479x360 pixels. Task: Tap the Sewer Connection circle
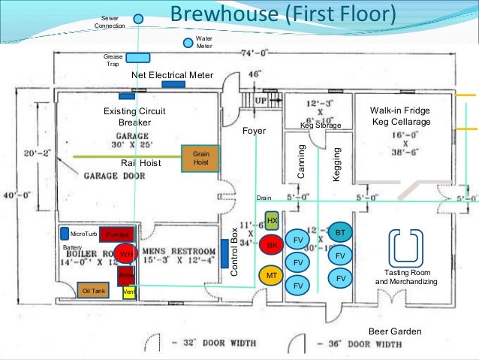139,19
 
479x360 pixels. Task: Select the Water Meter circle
188,42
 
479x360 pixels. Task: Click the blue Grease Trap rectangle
138,57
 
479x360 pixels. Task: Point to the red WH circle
126,254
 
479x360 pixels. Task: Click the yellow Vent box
128,292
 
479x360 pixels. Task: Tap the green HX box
273,221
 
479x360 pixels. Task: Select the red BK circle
273,246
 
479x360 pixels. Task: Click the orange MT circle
273,277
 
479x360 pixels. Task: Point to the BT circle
340,233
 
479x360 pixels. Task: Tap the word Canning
302,161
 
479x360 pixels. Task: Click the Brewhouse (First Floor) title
282,14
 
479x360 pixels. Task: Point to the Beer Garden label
394,331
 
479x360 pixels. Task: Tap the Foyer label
255,131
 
